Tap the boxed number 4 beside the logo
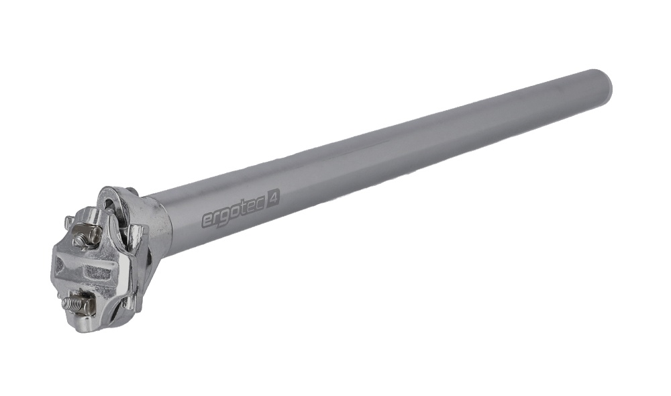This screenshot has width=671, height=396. pyautogui.click(x=273, y=198)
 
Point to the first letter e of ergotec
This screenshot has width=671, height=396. pyautogui.click(x=207, y=220)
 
